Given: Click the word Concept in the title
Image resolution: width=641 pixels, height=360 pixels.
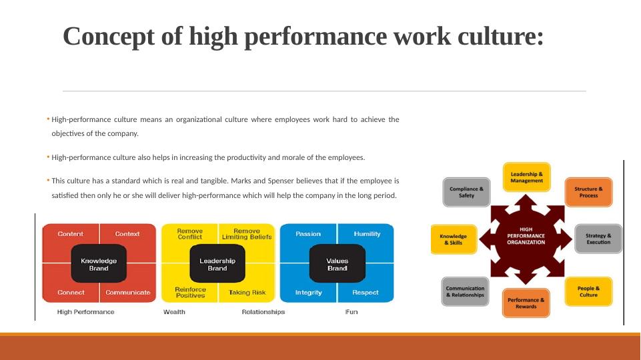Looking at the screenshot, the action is click(x=109, y=37).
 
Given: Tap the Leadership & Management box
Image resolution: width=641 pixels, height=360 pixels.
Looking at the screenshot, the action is click(x=526, y=177).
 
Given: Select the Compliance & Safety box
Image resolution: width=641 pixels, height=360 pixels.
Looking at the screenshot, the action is click(x=466, y=192).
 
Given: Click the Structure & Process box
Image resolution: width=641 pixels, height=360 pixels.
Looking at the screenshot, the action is click(x=588, y=192).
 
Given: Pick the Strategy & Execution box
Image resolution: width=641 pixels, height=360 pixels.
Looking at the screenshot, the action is click(x=598, y=239).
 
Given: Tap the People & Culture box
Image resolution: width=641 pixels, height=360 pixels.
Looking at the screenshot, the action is click(x=588, y=291).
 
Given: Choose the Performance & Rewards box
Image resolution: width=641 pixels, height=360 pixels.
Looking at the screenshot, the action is click(x=526, y=303).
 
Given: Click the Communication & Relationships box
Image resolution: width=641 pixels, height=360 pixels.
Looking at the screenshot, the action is click(x=465, y=291).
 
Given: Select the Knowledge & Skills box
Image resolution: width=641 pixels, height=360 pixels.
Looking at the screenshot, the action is click(x=454, y=239).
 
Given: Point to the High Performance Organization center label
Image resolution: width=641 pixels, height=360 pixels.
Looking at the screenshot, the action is click(x=526, y=236).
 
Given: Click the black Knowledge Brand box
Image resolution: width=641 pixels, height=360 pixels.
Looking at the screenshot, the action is click(x=99, y=263).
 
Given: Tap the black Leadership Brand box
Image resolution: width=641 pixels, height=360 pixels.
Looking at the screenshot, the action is click(x=217, y=263).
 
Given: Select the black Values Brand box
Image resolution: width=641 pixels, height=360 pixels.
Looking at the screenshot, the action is click(x=338, y=263).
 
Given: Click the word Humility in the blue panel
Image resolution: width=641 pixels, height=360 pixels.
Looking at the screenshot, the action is click(x=367, y=234).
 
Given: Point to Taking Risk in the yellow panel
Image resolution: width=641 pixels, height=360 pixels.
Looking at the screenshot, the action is click(x=247, y=292).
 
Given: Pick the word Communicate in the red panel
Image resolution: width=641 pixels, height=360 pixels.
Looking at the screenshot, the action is click(x=128, y=292).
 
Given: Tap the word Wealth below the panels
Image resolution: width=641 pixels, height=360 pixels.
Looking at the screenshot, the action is click(x=174, y=312).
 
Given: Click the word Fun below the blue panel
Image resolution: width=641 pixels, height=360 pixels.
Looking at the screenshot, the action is click(x=351, y=312).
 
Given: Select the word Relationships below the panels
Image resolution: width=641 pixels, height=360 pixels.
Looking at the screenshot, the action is click(x=263, y=312).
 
